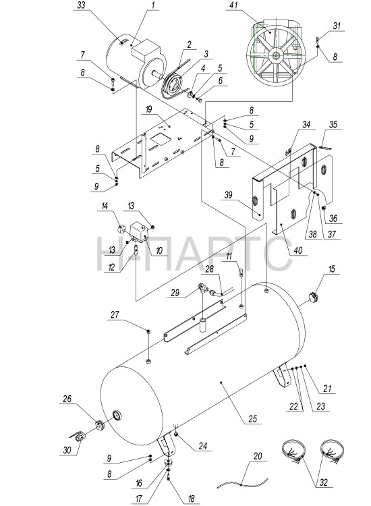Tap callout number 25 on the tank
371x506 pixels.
[252, 418]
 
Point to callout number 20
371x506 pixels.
[258, 456]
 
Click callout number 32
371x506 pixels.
[323, 482]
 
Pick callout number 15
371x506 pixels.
[331, 269]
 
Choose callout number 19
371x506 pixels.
[148, 109]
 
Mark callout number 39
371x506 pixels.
[229, 194]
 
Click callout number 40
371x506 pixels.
[298, 250]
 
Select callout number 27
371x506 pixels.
[115, 314]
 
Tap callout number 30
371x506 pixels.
[67, 449]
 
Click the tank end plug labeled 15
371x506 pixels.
[312, 296]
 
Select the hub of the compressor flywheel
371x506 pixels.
[277, 55]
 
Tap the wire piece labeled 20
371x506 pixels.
[243, 483]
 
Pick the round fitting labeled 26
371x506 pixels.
[99, 426]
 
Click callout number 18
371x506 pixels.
[192, 499]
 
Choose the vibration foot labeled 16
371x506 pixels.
[169, 462]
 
